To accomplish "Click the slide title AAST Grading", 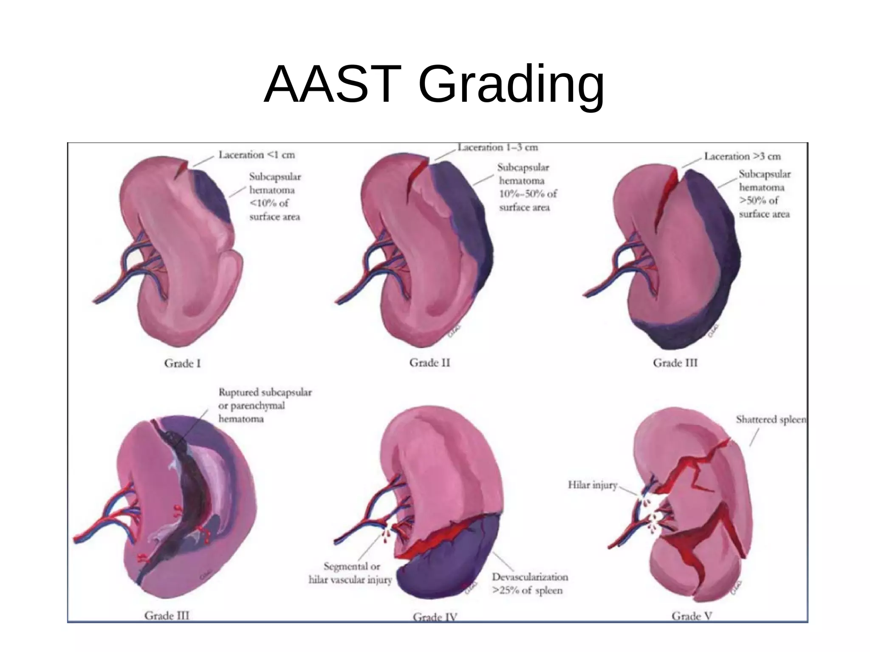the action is click(434, 84).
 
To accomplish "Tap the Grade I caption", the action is click(182, 363).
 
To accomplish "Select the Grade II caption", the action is click(429, 363).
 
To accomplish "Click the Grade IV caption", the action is click(435, 617).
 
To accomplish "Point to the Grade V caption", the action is click(692, 616).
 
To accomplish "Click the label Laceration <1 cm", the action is click(257, 155).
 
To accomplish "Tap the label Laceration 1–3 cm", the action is click(498, 147).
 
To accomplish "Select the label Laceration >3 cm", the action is click(743, 156).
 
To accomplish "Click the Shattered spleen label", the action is click(771, 419).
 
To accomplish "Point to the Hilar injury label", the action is click(593, 485).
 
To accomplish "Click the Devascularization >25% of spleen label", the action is click(530, 584).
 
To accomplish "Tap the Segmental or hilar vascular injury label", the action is click(350, 573).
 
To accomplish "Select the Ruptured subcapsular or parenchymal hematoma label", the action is click(265, 405).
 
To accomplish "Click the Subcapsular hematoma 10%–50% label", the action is click(527, 187).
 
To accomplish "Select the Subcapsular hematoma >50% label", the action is click(765, 194).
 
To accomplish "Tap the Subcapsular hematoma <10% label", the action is click(275, 197).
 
